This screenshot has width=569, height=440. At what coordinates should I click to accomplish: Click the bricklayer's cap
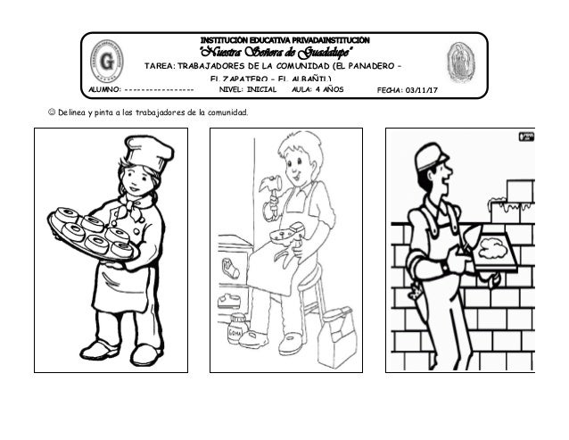pos(429,157)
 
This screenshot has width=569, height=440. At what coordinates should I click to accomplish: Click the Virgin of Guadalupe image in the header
pos(460,62)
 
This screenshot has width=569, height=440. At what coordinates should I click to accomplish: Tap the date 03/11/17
pos(427,91)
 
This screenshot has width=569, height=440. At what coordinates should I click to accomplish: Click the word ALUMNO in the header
pos(104,91)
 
